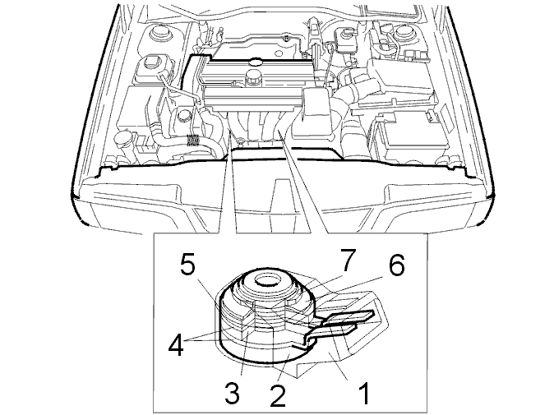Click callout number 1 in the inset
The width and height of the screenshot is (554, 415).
coord(364,393)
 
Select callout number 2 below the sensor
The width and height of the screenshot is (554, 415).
coord(277,395)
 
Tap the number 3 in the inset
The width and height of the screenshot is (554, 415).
coord(233,393)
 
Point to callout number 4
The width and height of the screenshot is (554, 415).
coord(176,344)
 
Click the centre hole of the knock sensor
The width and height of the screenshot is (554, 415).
coord(267,282)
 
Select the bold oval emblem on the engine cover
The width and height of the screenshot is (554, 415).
coord(255,62)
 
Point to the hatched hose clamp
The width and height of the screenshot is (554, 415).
coord(192,141)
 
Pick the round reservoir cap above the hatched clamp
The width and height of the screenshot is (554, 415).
coord(185,116)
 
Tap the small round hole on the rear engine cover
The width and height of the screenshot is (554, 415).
coord(279,53)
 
